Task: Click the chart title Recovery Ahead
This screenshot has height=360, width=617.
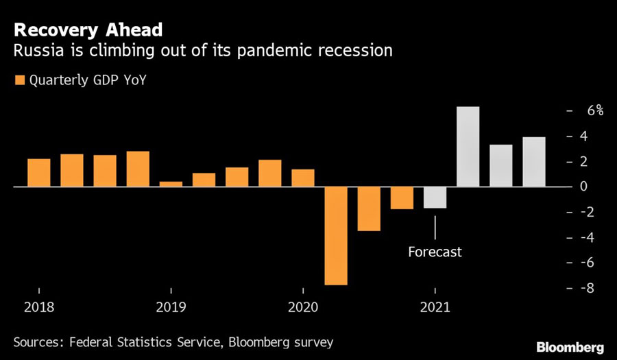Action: (88, 30)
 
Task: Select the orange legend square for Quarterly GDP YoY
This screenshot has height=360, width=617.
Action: (20, 80)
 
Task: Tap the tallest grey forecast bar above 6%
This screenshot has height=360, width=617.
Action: (468, 146)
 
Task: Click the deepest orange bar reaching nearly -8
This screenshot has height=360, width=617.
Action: (336, 236)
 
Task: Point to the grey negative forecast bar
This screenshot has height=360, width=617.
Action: (435, 197)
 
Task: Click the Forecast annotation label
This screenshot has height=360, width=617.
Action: (435, 252)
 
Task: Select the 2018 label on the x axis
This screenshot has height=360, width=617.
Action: (39, 307)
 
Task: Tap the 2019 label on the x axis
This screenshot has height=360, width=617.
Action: (171, 307)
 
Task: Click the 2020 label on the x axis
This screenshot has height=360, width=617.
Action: (303, 307)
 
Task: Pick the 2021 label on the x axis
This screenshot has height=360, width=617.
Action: (435, 307)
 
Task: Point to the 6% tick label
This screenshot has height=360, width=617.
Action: (595, 110)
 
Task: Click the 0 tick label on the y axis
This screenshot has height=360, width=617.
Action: (583, 187)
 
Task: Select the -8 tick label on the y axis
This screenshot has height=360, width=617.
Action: (587, 288)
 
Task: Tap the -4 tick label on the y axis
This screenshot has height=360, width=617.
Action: (587, 237)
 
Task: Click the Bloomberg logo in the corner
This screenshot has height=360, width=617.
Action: (570, 348)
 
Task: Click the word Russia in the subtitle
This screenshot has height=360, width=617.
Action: (38, 51)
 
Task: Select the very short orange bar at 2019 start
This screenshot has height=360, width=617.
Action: (171, 184)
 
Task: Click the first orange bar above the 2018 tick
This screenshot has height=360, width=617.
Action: (39, 173)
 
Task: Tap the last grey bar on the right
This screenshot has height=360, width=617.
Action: (534, 162)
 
